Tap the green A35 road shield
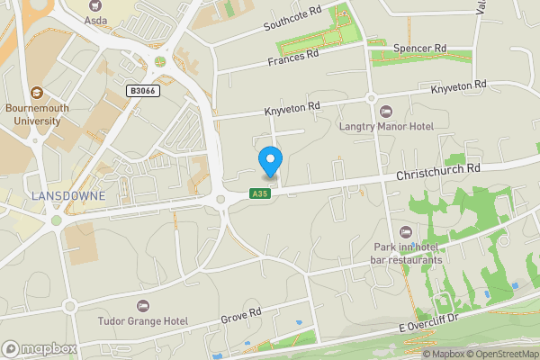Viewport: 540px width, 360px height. point(260,193)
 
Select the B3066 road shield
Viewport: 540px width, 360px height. point(143,91)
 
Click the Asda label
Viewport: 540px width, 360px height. point(96,18)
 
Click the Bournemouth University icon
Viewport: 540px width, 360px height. point(37,92)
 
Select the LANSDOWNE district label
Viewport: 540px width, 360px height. point(67,195)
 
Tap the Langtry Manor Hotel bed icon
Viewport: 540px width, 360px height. point(387,112)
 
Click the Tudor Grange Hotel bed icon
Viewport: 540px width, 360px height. point(144,305)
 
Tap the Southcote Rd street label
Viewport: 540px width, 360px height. point(292,20)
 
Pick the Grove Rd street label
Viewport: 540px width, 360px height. point(243,314)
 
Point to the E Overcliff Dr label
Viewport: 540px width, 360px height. point(429,323)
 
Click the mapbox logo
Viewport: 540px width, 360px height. point(40,348)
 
